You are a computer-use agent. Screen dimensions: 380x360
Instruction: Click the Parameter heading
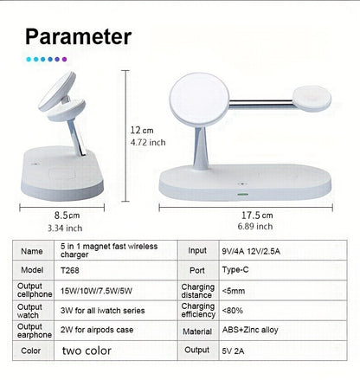(78, 36)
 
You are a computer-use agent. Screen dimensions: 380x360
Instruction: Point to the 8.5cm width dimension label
(64, 215)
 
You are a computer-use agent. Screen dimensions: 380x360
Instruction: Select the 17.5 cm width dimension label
(257, 215)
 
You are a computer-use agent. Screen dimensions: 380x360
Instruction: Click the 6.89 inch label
(256, 227)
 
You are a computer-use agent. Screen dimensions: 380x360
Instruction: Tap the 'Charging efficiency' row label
(197, 309)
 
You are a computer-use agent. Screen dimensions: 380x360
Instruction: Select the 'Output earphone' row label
(31, 330)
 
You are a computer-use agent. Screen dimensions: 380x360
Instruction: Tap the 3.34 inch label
(64, 228)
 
